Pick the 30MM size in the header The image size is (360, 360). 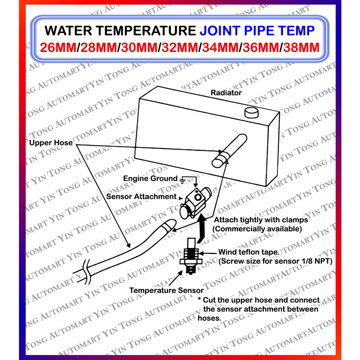click(x=138, y=47)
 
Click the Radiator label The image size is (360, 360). click(x=226, y=93)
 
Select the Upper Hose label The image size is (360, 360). click(x=51, y=143)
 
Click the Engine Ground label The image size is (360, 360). click(x=150, y=179)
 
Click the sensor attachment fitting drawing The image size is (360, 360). click(x=194, y=201)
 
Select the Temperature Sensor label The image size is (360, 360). click(x=166, y=290)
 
